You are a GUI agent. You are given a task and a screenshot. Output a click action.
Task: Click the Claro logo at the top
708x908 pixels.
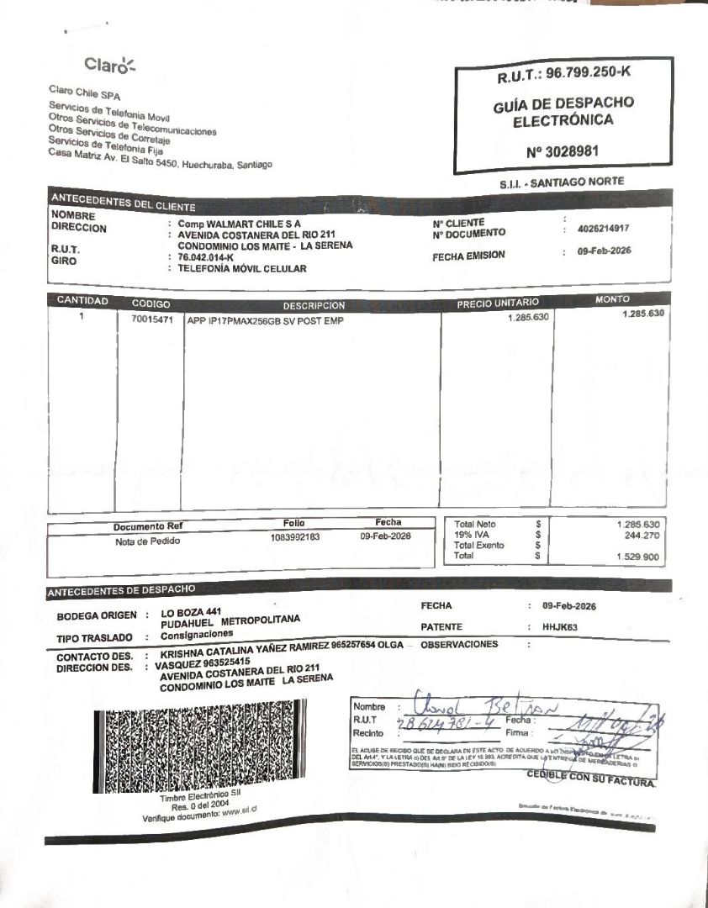click(x=109, y=65)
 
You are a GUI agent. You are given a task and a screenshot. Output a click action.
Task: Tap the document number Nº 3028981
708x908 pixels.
click(x=563, y=151)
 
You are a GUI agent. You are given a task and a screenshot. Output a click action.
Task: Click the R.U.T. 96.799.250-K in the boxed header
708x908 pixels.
click(x=563, y=74)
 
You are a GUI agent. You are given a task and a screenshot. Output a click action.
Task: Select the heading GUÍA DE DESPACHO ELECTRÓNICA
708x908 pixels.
click(x=563, y=111)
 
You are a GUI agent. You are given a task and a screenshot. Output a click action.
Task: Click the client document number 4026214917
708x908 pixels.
click(x=604, y=229)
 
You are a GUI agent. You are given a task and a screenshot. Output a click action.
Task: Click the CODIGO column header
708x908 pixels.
click(x=151, y=303)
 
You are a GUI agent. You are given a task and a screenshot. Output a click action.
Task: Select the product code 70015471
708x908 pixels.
click(x=151, y=320)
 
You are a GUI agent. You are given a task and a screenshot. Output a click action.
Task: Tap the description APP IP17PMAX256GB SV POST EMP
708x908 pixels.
click(x=266, y=320)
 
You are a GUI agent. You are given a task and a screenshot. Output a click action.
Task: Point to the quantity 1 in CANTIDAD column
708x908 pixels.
click(x=82, y=318)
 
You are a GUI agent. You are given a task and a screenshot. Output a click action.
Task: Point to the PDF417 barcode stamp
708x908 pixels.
click(x=194, y=748)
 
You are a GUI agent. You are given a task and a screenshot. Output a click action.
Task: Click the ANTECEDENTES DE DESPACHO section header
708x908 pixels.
click(x=122, y=590)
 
